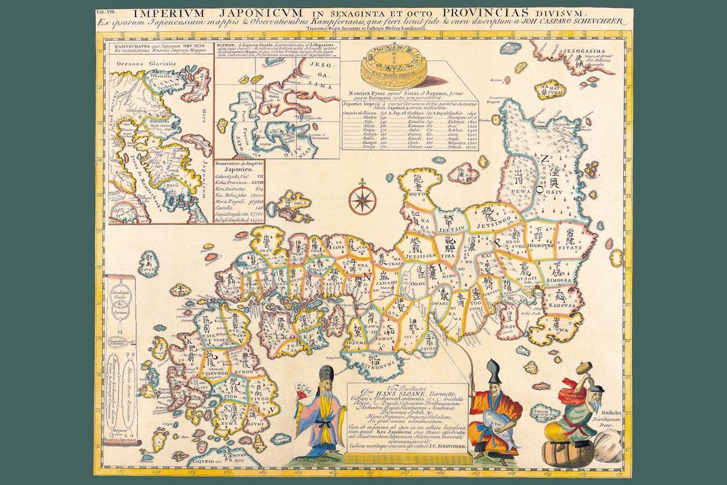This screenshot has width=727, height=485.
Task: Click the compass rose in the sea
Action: (x=362, y=199)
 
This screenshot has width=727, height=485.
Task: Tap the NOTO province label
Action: (x=418, y=191)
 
